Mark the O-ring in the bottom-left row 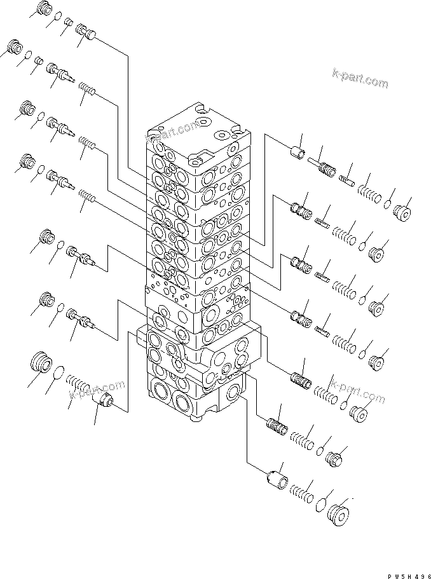tap(58, 373)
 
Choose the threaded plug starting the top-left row tap(43, 10)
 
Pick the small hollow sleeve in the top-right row tap(296, 153)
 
